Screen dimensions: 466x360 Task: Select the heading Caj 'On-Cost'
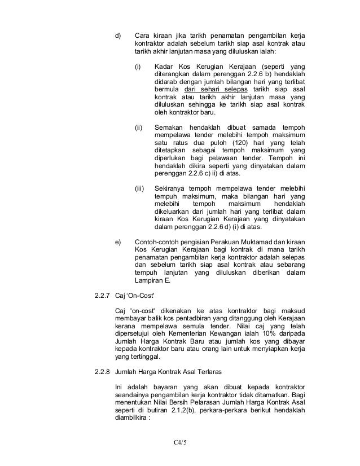pos(134,295)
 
